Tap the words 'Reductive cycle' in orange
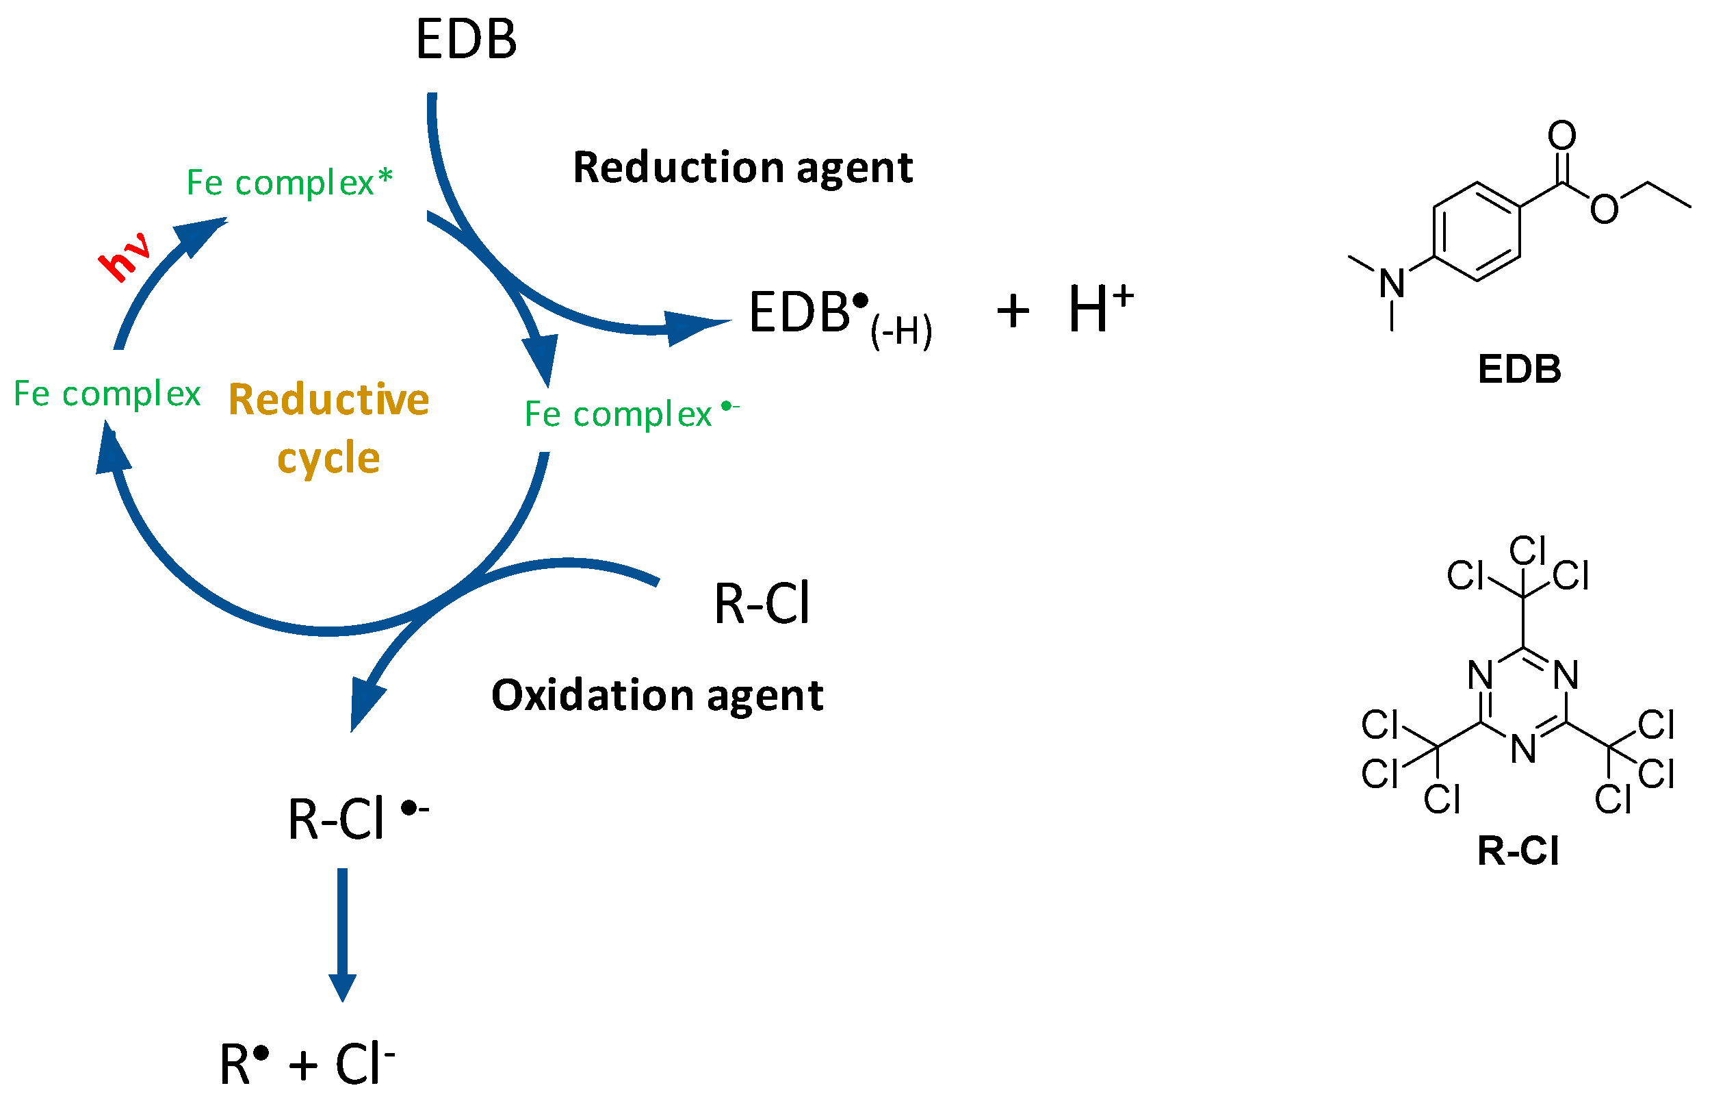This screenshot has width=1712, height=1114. tap(328, 427)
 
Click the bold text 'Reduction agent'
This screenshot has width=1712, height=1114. tap(742, 168)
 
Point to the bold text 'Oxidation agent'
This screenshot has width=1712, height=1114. tap(657, 695)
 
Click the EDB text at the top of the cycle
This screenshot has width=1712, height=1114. tap(466, 40)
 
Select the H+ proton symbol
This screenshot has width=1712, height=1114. tap(1100, 308)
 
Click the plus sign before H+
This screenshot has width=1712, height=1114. tap(1013, 312)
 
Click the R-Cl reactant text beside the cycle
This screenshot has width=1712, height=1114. tap(762, 603)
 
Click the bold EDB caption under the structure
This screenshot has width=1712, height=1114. tap(1519, 369)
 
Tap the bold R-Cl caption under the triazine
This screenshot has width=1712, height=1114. tap(1518, 850)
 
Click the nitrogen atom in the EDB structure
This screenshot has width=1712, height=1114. tap(1392, 283)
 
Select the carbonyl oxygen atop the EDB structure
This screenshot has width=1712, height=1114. tap(1561, 136)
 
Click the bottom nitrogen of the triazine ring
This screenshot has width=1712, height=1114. tap(1523, 749)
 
